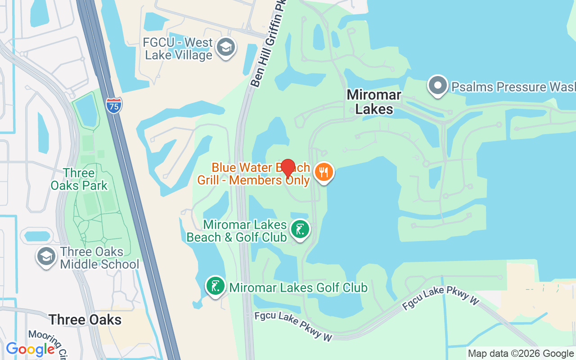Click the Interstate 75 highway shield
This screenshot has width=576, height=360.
(114, 105)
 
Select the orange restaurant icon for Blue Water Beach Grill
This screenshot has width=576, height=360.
(324, 172)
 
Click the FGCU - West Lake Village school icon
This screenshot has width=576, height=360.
(225, 47)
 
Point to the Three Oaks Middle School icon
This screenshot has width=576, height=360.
(46, 256)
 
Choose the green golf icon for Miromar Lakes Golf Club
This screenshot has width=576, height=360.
(216, 286)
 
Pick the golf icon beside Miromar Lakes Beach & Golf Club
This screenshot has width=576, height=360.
(300, 229)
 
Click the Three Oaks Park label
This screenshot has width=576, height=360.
(79, 179)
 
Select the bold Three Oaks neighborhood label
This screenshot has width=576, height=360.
(85, 320)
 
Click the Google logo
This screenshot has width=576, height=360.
(31, 349)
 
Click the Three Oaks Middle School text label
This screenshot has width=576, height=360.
(99, 258)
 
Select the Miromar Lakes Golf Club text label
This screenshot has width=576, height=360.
(298, 288)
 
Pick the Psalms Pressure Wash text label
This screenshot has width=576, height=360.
(513, 87)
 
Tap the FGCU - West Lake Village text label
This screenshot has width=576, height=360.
(178, 49)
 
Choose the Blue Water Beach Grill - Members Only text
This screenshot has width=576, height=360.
(254, 174)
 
